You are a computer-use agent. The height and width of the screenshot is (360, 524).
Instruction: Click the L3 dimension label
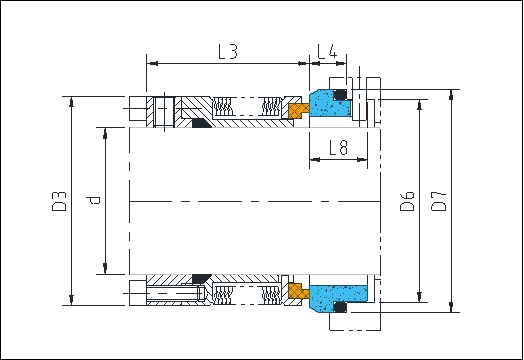coord(228,51)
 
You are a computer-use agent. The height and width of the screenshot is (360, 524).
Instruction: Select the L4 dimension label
coord(326,51)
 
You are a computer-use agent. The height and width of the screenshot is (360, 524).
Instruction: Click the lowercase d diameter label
coord(94,200)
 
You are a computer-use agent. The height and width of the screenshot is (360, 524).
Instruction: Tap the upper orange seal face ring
coord(296,109)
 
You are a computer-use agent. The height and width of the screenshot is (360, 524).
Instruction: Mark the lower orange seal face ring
coord(297,290)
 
